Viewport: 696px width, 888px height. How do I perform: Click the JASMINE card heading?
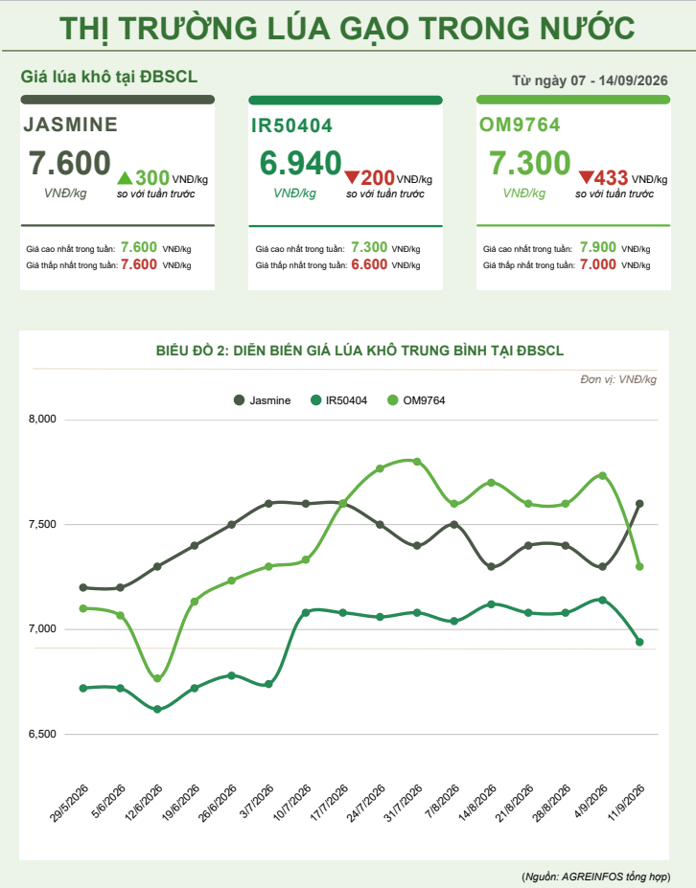pos(70,125)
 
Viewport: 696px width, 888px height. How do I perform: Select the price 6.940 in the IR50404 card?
pos(300,163)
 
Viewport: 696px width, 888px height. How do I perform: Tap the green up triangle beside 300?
pos(125,178)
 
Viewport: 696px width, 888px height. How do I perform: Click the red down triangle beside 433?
pos(586,178)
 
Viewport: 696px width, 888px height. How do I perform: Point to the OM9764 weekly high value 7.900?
pos(598,247)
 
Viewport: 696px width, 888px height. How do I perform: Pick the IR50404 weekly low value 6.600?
pos(369,264)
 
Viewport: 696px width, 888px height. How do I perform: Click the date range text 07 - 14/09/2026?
pos(619,80)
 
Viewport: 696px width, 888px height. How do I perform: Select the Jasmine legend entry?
pos(263,400)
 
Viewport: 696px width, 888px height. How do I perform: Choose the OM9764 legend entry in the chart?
pos(416,400)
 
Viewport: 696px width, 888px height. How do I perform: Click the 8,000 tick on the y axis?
pos(42,419)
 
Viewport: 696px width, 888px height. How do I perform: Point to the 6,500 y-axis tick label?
pos(42,734)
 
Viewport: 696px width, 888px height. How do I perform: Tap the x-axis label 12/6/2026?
pos(144,803)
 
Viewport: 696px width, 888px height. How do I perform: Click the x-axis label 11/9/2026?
pos(626,803)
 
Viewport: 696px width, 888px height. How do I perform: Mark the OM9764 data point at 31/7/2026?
pos(417,462)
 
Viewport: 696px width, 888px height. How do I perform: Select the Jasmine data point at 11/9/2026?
pos(639,504)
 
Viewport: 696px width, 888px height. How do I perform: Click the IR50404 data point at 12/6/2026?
pos(157,709)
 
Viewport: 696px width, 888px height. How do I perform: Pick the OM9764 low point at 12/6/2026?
pos(157,678)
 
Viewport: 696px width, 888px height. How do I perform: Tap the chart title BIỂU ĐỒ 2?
pos(360,351)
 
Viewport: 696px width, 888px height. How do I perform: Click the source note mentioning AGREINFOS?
pos(595,877)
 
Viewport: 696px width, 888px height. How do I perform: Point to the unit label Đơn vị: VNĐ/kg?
pos(618,379)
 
